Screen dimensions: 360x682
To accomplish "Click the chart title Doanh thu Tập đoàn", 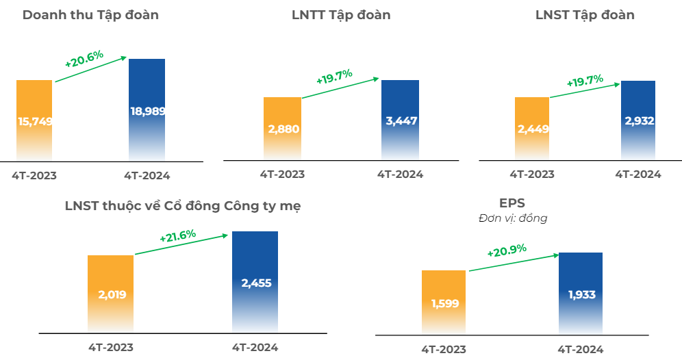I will coord(90,15).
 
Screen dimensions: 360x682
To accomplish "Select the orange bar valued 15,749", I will coord(34,120).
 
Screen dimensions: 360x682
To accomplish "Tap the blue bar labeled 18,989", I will coord(147,110).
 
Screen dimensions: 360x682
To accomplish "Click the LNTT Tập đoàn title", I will coord(341,15).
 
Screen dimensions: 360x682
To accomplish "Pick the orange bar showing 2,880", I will coord(282,129).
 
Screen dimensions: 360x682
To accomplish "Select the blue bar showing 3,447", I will coord(400,120).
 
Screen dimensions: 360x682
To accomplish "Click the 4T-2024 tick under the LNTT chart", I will coord(400,175).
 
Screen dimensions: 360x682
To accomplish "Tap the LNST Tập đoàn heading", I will coord(585,15).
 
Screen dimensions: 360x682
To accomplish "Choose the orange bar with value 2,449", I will coord(532,129).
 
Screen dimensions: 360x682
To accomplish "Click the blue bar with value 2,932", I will coord(638,120).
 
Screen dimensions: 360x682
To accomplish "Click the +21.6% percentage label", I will coord(178,237).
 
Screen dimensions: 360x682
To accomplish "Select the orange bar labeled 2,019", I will coord(110,294).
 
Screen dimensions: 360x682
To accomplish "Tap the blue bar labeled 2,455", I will coord(255,282).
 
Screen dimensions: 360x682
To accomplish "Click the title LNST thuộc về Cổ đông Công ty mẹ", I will coord(182,205).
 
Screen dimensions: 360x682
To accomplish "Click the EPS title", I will coord(512,203).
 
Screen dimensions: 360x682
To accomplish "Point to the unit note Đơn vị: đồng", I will coord(512,218).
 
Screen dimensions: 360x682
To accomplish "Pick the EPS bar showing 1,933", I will coord(581,294).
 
